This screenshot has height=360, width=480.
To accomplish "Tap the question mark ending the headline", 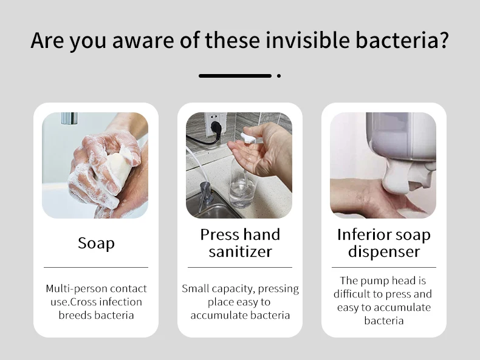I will [443, 41].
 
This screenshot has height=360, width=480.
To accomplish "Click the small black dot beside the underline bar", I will [279, 76].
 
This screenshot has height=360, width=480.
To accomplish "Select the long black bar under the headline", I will [235, 76].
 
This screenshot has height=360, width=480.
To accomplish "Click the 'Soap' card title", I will [96, 243].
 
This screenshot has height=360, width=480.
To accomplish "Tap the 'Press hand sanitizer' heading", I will [240, 243].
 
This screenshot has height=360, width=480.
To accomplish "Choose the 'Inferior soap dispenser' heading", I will [383, 243].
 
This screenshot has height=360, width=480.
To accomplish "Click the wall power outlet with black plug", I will [213, 124].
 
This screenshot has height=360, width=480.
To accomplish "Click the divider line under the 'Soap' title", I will [96, 267].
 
